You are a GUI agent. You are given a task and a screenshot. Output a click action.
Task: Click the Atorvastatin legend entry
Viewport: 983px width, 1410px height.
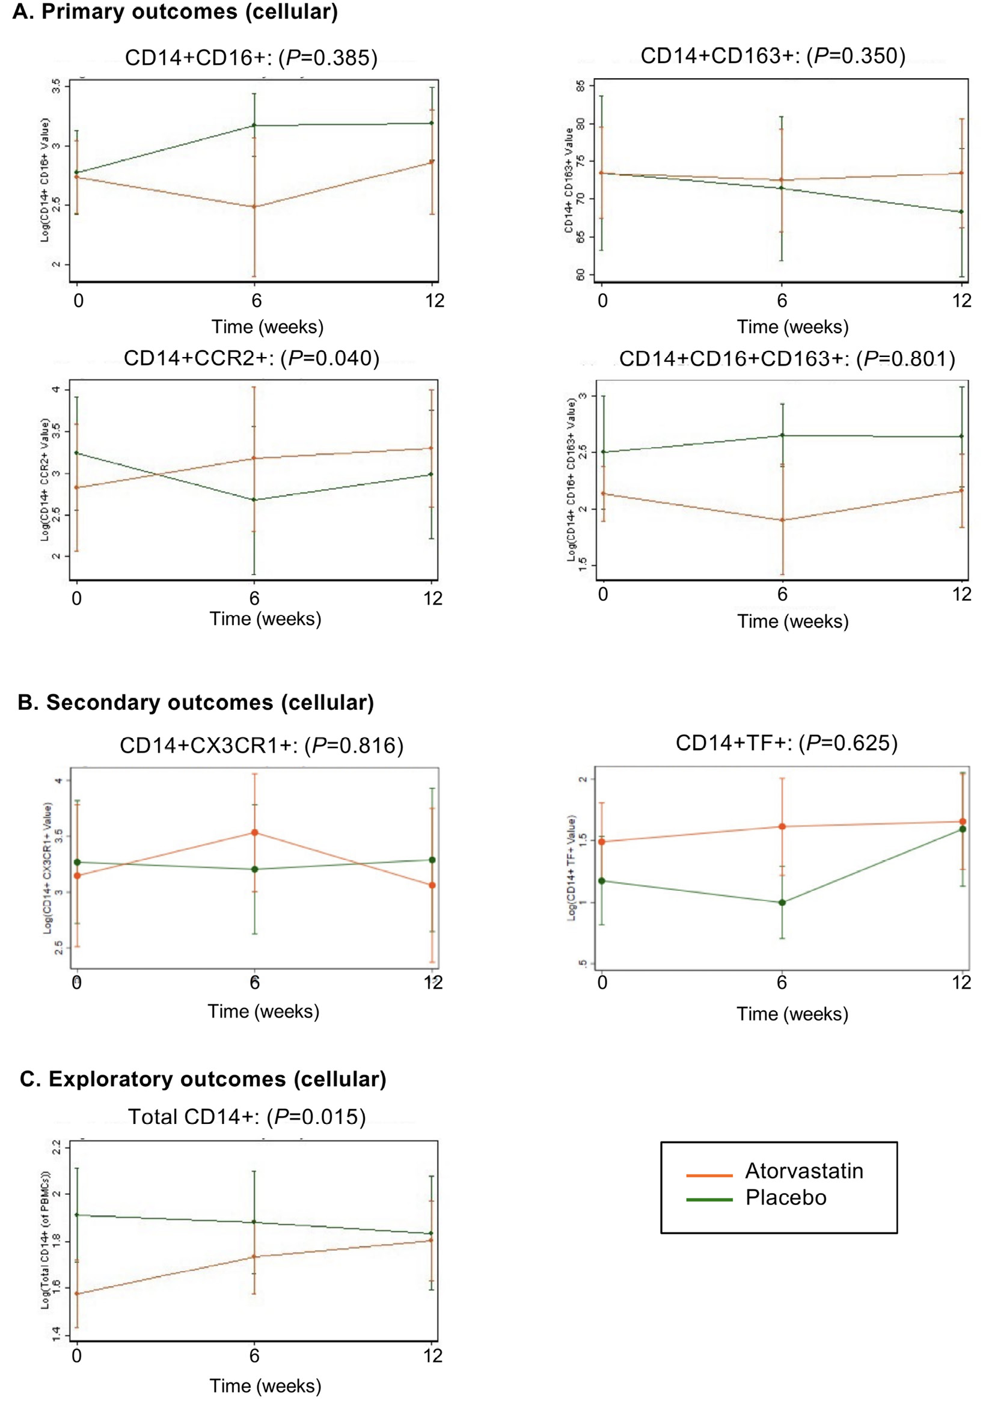[803, 1171]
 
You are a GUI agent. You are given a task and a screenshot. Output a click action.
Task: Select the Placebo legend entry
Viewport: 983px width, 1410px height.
[785, 1197]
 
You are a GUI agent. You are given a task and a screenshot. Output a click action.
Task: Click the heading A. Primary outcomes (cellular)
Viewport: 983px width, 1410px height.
[175, 11]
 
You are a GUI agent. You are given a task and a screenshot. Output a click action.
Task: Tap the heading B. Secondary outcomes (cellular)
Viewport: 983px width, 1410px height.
[195, 702]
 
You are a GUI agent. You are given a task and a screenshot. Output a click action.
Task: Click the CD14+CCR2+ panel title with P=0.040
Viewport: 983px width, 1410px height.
[251, 358]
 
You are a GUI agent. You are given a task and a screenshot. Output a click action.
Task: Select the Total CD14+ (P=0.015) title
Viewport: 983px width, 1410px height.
[247, 1116]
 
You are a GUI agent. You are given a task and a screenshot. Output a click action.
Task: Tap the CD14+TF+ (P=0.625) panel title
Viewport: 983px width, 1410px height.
[786, 742]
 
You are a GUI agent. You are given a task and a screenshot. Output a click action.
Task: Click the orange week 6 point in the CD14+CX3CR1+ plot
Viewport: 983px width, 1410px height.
[254, 833]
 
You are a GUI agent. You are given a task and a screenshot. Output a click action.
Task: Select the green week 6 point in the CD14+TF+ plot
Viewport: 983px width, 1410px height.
[782, 903]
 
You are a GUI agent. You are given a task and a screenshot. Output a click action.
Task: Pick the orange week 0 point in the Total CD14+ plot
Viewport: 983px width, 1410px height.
[76, 1294]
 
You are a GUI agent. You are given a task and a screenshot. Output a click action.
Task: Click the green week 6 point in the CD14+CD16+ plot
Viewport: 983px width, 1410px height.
[254, 125]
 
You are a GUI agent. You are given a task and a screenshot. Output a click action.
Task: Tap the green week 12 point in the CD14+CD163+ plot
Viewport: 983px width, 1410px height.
[961, 212]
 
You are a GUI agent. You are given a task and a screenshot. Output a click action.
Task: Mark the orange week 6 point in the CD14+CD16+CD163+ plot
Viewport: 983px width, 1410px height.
[782, 520]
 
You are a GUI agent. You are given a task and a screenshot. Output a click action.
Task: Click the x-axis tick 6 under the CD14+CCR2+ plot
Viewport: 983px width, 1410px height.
[254, 598]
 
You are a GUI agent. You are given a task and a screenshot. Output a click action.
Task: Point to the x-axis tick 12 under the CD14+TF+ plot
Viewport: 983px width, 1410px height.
[961, 983]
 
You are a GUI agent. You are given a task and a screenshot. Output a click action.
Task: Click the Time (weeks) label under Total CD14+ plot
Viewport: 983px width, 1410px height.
[265, 1385]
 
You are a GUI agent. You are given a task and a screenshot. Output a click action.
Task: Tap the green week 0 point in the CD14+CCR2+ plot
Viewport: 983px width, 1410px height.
[76, 453]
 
